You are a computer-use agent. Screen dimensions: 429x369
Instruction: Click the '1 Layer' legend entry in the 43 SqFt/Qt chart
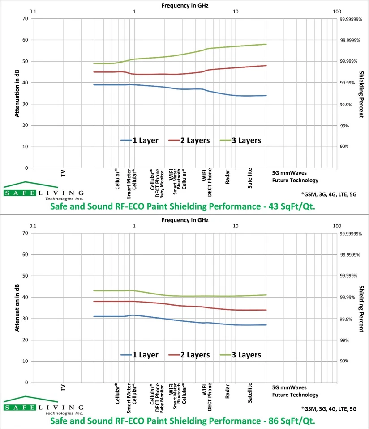coord(145,140)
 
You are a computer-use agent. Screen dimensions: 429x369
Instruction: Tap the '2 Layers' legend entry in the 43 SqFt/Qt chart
coord(195,140)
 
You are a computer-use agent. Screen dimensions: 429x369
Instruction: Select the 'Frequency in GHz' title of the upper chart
coord(184,5)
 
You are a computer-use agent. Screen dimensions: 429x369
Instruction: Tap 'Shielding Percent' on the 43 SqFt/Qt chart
coord(361,94)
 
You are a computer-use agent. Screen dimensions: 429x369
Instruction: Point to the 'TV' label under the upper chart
coord(63,173)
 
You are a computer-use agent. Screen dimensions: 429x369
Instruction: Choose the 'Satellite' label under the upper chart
coord(250,178)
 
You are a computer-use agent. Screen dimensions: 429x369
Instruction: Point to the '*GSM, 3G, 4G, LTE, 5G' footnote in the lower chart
coord(330,408)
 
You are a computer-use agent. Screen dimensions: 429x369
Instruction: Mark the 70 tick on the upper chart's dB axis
coord(25,19)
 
